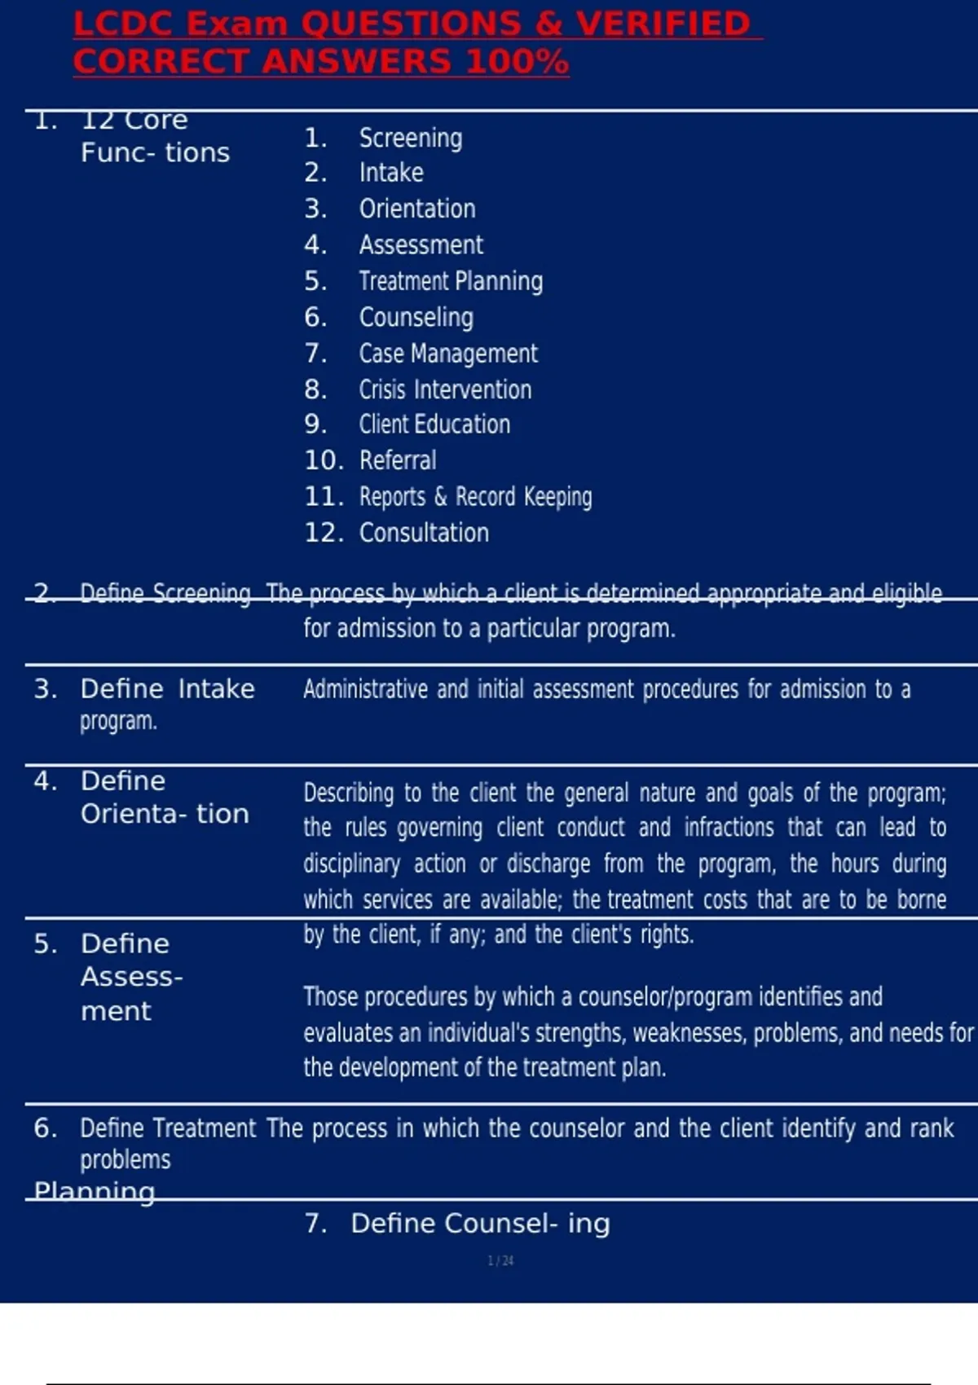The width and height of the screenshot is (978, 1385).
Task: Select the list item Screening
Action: (411, 138)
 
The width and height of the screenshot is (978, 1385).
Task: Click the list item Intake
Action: (391, 173)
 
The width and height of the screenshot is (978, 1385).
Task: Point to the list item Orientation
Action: (417, 209)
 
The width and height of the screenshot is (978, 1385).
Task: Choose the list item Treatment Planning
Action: (451, 281)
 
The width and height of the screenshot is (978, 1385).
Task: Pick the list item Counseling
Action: (416, 317)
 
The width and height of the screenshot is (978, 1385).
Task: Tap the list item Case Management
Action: (448, 354)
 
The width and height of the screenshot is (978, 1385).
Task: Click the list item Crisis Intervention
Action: (445, 389)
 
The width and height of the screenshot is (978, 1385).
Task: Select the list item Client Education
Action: (434, 424)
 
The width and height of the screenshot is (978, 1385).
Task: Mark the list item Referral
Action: (398, 460)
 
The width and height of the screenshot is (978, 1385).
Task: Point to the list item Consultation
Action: (424, 533)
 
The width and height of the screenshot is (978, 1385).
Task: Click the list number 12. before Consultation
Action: (324, 533)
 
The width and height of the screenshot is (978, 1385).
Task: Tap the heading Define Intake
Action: (167, 689)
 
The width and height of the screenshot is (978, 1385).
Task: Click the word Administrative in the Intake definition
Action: (365, 689)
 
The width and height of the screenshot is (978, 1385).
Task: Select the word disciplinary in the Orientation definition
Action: (351, 864)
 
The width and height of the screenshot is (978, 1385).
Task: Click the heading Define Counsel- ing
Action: (480, 1224)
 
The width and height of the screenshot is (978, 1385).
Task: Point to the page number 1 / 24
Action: (500, 1261)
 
